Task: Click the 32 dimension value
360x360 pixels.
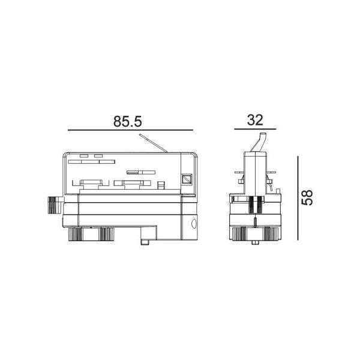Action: [255, 119]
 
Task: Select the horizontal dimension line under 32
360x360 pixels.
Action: [255, 130]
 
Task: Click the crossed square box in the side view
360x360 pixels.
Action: [187, 179]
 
